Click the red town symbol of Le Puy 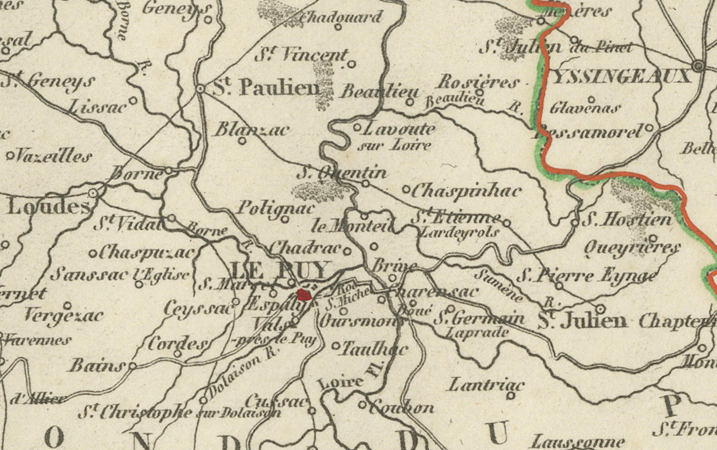(x=304, y=295)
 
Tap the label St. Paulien (x=266, y=87)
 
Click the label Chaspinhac (x=466, y=191)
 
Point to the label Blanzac (x=252, y=130)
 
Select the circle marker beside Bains (x=132, y=365)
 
